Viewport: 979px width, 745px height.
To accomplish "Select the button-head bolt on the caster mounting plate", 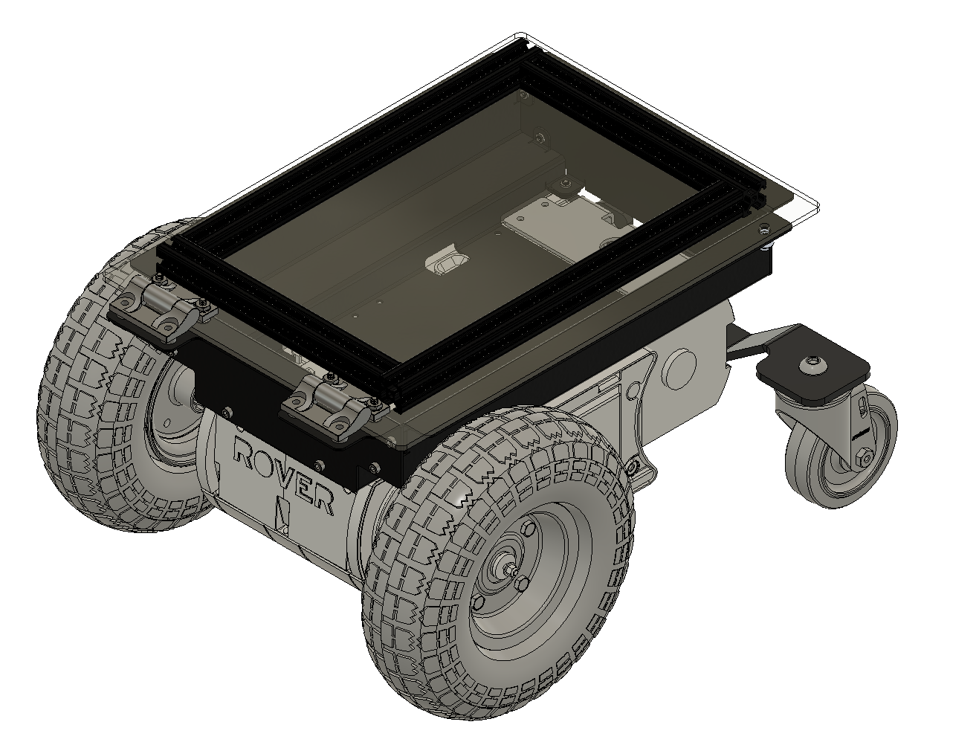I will click(812, 365).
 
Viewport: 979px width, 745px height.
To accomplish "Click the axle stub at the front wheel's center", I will click(512, 570).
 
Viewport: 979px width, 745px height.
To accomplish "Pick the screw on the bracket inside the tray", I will click(566, 183).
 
